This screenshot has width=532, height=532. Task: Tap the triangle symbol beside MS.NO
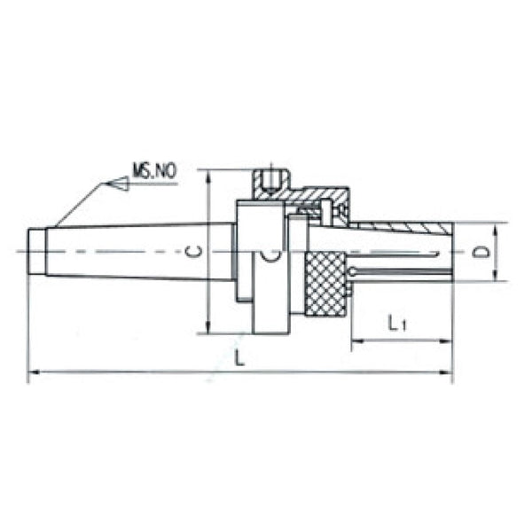point(117,184)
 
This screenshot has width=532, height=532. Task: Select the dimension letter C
point(197,252)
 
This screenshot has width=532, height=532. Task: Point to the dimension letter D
point(481,252)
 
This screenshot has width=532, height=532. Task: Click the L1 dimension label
point(398,325)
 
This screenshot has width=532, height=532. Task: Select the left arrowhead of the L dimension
point(33,374)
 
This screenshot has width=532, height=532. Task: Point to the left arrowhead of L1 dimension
point(356,340)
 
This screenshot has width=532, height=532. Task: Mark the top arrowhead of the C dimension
point(208,175)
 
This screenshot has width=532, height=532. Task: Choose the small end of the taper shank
point(36,252)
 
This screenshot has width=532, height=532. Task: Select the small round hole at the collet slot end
point(353,270)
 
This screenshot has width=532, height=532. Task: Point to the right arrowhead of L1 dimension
point(447,340)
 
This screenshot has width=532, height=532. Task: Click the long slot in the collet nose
point(403,270)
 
